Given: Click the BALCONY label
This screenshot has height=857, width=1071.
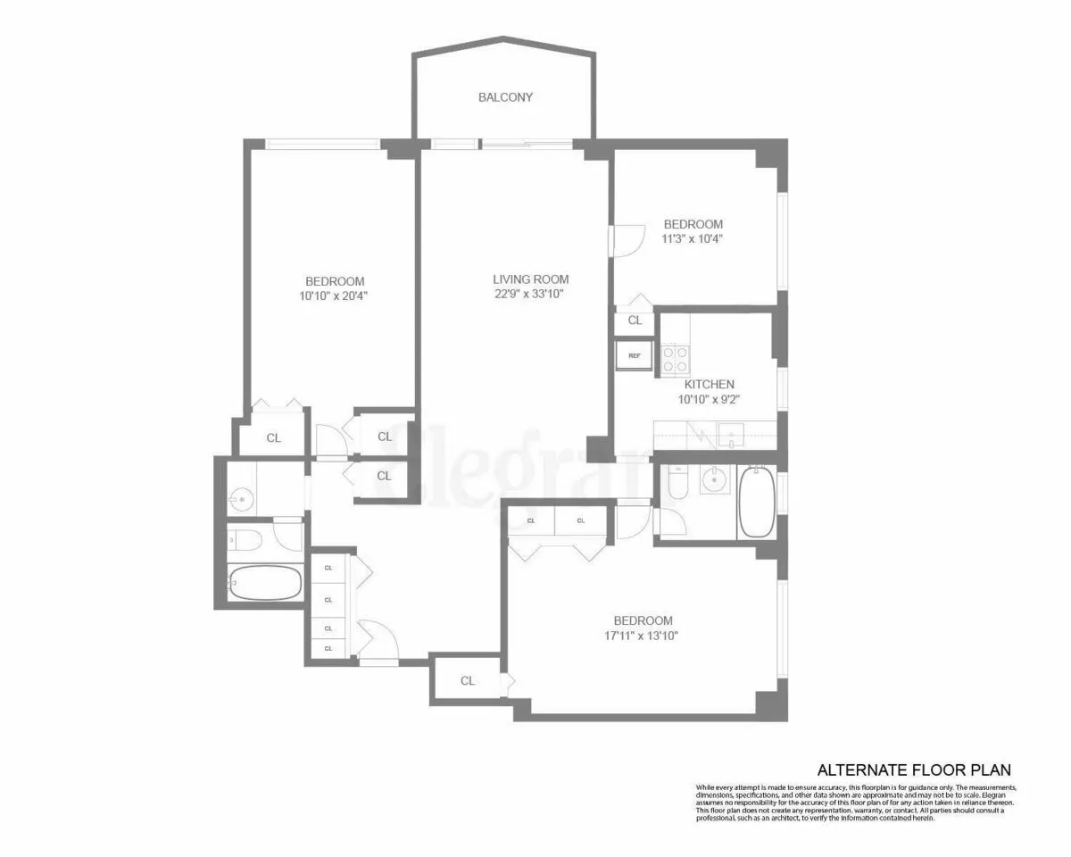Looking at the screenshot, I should click(x=505, y=97).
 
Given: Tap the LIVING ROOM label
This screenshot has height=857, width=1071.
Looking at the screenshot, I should click(x=530, y=279).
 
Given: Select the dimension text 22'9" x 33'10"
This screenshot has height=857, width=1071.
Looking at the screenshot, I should click(x=530, y=294).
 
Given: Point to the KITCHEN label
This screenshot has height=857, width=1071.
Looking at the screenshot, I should click(x=710, y=385).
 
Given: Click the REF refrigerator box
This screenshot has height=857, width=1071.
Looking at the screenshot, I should click(x=635, y=355).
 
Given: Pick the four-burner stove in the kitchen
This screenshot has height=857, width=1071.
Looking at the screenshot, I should click(x=675, y=358).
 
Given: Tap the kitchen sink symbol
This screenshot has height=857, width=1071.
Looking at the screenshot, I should click(x=731, y=435).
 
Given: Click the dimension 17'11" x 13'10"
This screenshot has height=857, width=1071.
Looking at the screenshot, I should click(x=643, y=637).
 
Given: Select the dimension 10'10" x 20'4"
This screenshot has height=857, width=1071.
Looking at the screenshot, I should click(x=334, y=296).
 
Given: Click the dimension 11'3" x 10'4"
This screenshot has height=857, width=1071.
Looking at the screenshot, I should click(x=692, y=239).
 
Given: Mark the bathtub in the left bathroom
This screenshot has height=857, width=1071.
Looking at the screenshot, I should click(x=265, y=583).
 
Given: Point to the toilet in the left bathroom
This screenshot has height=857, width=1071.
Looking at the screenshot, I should click(x=244, y=538).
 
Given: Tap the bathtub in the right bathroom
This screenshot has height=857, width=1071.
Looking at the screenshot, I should click(x=757, y=502).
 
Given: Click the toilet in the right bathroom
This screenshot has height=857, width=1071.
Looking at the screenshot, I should click(x=677, y=482).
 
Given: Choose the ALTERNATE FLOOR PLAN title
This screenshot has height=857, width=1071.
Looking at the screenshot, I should click(x=915, y=770).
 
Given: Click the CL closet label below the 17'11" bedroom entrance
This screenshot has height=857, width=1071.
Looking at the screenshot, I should click(x=468, y=681).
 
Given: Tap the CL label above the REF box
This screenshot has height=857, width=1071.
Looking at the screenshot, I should click(x=635, y=320).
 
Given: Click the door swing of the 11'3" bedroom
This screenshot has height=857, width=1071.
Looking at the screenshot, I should click(x=627, y=240).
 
